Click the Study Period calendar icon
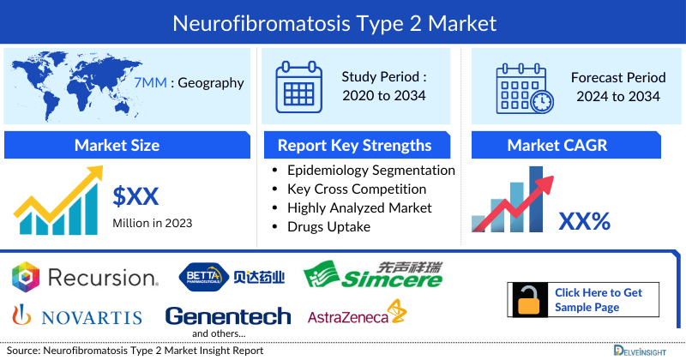pos(298,86)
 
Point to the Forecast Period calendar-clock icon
pos(524,87)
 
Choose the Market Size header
pos(117,145)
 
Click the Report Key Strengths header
pos(353,145)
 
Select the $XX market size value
pos(136,196)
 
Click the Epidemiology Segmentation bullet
pos(370,171)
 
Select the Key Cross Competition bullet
pos(357,189)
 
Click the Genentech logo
pos(228,316)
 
